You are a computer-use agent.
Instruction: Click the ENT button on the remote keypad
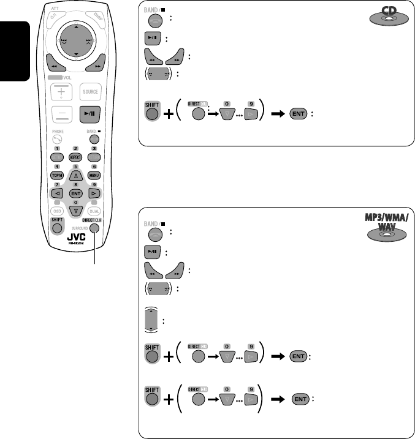[75, 192]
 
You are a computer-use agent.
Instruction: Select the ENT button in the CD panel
[298, 114]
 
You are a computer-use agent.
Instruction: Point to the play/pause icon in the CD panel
[153, 38]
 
